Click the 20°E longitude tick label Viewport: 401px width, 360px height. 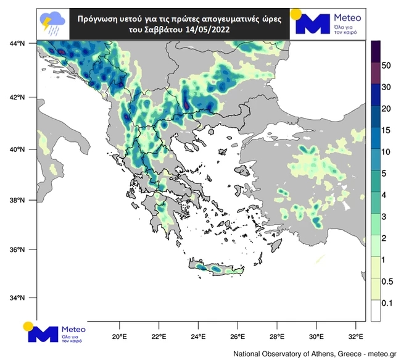[119, 337]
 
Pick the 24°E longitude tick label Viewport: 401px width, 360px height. [198, 337]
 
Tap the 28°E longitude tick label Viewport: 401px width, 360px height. [277, 337]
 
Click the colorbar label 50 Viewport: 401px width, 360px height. [387, 65]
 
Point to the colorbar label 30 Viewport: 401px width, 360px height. [387, 86]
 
